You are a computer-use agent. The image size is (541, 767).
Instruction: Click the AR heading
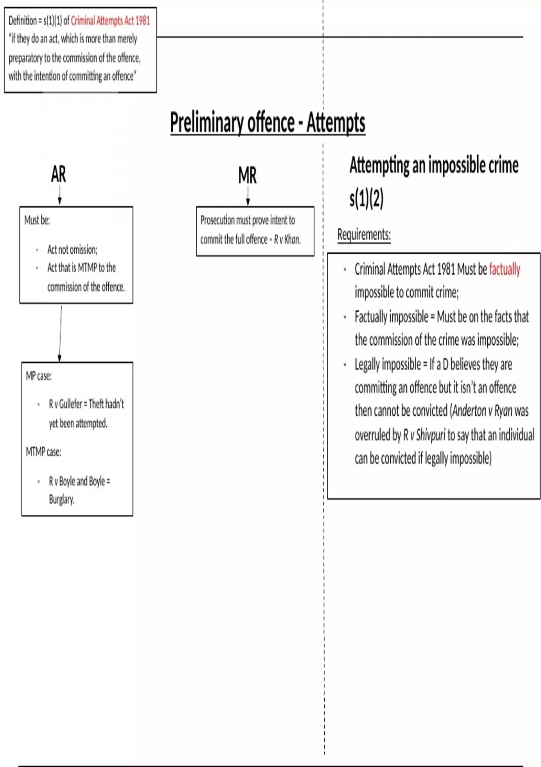(x=59, y=174)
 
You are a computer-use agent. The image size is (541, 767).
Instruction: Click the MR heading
(x=248, y=176)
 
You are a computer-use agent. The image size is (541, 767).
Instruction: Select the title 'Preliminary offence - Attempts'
(x=267, y=122)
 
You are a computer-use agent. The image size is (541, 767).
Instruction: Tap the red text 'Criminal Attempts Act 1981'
(x=110, y=21)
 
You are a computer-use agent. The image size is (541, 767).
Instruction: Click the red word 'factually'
(x=504, y=269)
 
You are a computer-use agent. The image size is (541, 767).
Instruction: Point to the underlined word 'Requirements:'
(x=364, y=235)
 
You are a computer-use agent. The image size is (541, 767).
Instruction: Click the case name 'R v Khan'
(x=287, y=240)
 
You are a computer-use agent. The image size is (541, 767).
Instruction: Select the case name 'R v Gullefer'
(x=65, y=404)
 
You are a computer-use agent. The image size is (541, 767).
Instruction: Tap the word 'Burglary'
(x=61, y=499)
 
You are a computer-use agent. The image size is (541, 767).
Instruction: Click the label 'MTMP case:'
(x=43, y=452)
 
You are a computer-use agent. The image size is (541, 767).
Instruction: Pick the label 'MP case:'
(x=39, y=376)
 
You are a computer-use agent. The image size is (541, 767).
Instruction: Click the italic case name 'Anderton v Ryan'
(x=482, y=411)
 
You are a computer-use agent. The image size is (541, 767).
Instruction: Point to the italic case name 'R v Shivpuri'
(x=424, y=435)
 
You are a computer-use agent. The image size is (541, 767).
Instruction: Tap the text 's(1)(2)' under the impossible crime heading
(x=366, y=199)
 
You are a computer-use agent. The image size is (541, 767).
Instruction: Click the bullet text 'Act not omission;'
(x=72, y=250)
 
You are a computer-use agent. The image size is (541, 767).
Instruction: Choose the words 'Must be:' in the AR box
(x=37, y=220)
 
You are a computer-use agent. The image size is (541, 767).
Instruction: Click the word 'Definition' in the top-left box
(x=23, y=21)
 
